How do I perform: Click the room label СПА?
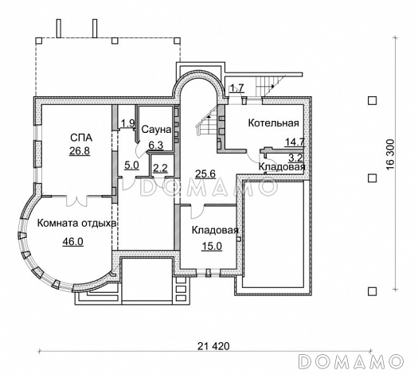81,138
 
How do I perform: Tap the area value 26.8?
80,151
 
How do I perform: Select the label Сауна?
156,130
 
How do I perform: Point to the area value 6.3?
156,145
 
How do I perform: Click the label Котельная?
274,123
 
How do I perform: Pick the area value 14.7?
295,142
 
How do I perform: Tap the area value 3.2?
296,158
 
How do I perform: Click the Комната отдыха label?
76,224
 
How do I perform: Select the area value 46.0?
72,242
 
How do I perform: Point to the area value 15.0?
212,247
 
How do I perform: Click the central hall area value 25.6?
205,174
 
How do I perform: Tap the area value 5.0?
131,166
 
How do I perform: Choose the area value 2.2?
160,168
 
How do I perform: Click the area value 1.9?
128,123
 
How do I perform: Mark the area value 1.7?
236,88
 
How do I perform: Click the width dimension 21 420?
213,346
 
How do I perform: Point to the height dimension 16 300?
390,154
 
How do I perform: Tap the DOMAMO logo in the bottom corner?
350,362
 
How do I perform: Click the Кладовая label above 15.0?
215,230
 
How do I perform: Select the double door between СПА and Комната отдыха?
76,201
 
